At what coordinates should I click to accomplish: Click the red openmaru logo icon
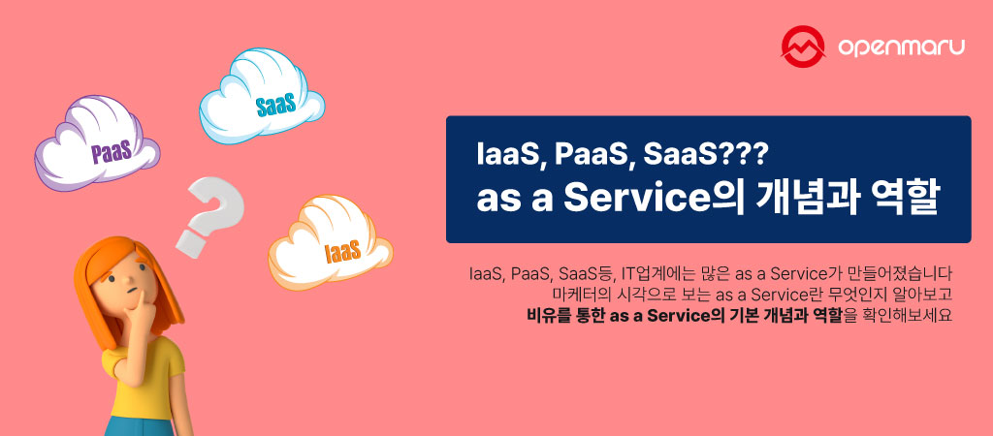point(803,45)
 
